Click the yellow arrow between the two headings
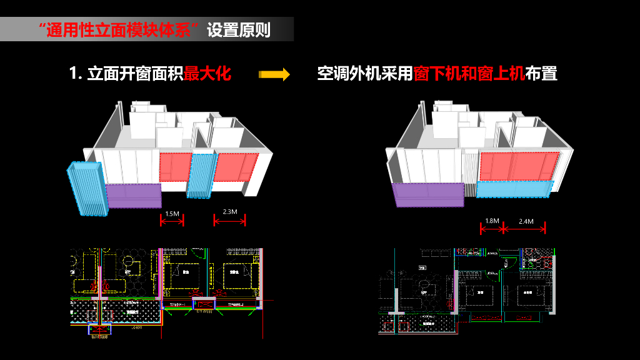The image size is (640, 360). click(274, 74)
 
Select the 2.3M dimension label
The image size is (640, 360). click(229, 212)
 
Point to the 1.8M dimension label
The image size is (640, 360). click(492, 221)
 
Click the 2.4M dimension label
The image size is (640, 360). click(526, 221)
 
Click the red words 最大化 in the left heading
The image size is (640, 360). click(207, 74)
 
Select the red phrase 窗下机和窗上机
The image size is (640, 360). click(469, 74)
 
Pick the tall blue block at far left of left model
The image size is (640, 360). click(88, 187)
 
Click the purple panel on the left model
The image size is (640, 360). click(134, 195)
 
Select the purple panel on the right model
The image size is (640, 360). click(428, 194)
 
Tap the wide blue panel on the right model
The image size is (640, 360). click(515, 188)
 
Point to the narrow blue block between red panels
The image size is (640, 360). click(201, 176)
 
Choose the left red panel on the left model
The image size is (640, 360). click(174, 167)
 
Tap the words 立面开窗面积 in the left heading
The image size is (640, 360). click(135, 74)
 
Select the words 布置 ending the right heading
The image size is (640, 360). click(541, 74)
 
